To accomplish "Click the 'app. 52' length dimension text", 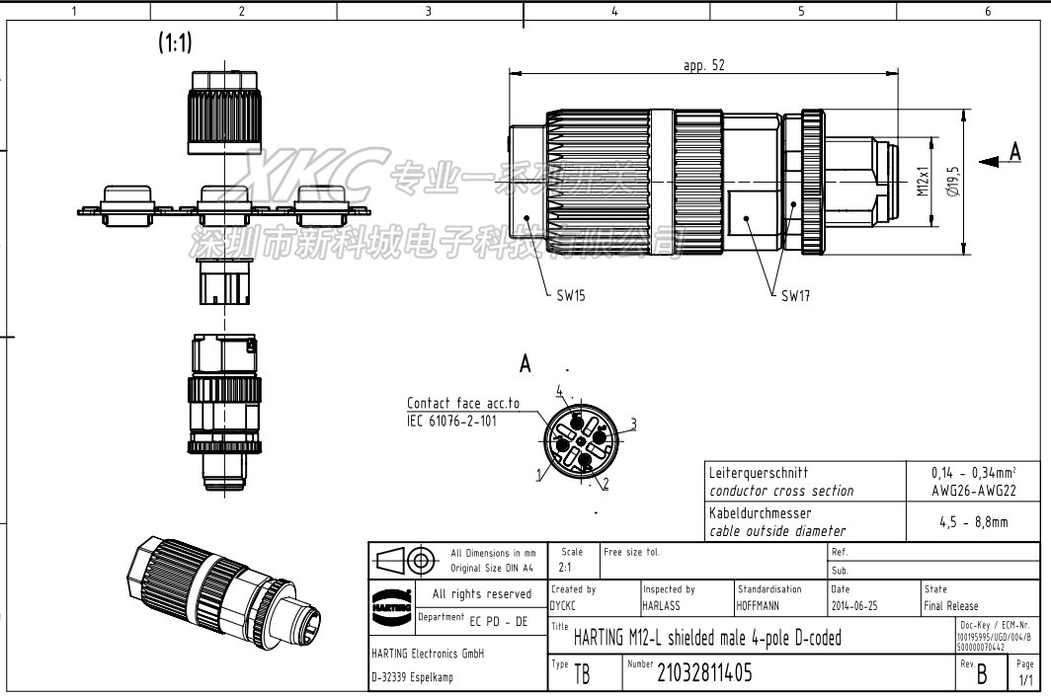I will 704,66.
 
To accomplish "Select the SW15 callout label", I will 570,295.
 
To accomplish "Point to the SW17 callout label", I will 795,295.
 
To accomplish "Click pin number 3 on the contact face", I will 632,424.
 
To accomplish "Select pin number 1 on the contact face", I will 539,475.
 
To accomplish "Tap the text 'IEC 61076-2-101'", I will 451,420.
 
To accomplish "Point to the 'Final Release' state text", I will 950,606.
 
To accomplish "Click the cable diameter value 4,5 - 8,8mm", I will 973,521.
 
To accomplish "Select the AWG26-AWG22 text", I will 973,490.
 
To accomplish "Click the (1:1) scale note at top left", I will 175,42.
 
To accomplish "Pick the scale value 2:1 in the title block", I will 566,569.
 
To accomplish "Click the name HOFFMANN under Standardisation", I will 763,606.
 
